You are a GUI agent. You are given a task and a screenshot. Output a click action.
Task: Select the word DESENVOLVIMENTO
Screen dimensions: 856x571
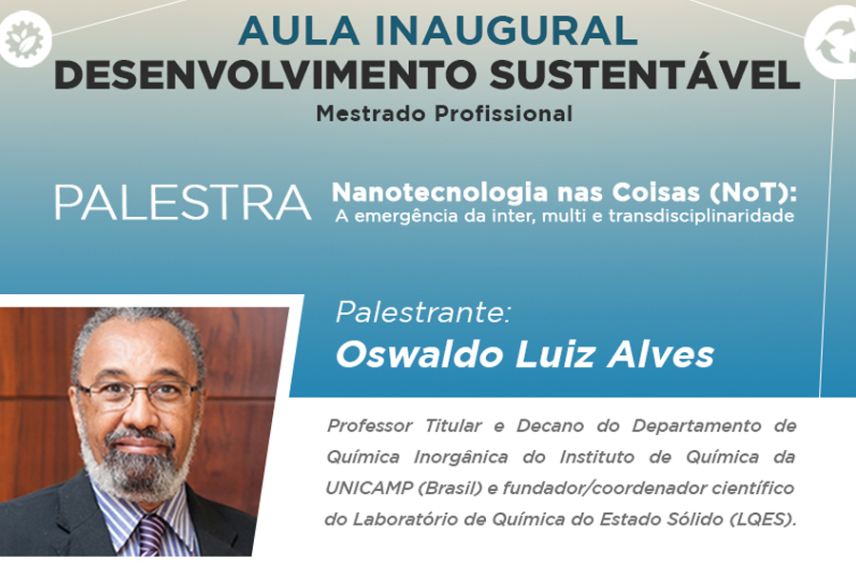click(266, 74)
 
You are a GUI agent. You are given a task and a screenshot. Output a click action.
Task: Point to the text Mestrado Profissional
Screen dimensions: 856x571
click(444, 113)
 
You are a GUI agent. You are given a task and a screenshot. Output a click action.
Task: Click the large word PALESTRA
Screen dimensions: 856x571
click(183, 203)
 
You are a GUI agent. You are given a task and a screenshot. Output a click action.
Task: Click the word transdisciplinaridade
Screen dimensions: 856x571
click(702, 216)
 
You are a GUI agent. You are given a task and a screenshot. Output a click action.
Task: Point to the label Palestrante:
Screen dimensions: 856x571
click(423, 312)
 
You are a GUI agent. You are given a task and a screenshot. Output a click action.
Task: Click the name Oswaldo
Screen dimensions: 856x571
click(419, 354)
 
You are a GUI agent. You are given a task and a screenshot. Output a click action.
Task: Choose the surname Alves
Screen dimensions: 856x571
click(661, 354)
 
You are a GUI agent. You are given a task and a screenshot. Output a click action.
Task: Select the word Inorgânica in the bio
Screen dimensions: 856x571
click(460, 457)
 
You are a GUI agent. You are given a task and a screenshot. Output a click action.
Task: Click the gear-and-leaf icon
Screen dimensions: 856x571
click(24, 39)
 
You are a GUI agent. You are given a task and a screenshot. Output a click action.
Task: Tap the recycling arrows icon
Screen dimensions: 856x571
click(831, 44)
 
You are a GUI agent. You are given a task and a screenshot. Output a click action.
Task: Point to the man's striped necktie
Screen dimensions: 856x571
click(153, 535)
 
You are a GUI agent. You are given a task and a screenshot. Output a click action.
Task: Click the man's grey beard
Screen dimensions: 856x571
click(136, 464)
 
